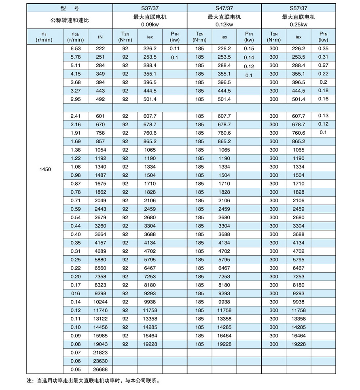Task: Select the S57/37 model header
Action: click(x=299, y=8)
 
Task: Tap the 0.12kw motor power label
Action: click(x=224, y=24)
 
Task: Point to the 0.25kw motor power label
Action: click(x=299, y=24)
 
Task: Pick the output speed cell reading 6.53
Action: click(x=76, y=49)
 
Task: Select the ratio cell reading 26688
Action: click(x=100, y=369)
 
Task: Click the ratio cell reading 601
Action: click(x=100, y=116)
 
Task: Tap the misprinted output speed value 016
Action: click(x=76, y=293)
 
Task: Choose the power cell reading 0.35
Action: click(x=323, y=49)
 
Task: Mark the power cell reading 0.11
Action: click(x=174, y=49)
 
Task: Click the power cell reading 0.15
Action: click(x=249, y=49)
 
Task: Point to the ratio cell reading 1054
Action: click(x=100, y=150)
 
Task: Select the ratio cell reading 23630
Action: click(x=100, y=361)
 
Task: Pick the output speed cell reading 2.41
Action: click(x=76, y=116)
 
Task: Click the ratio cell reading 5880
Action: click(x=100, y=259)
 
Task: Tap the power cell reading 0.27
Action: click(x=323, y=66)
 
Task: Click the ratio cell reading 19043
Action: click(x=100, y=344)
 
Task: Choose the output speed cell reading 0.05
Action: click(x=76, y=369)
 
